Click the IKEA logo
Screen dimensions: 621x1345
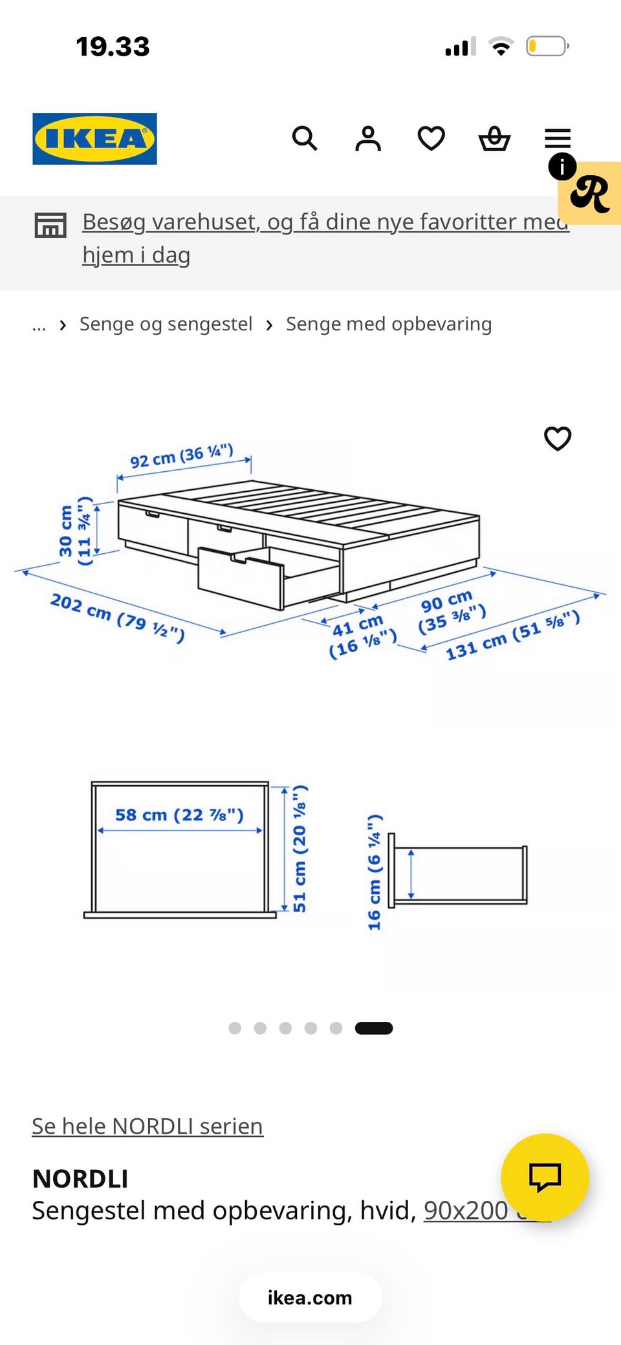(94, 139)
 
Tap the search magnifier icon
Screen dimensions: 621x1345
(305, 138)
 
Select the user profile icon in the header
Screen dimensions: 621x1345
(368, 138)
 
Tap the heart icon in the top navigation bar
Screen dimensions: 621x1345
(431, 138)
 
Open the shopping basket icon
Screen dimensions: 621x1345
(494, 138)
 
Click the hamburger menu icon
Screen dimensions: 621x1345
(558, 138)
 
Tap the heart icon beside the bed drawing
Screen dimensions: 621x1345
(558, 439)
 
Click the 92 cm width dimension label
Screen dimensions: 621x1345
(182, 456)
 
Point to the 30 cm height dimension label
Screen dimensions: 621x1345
(75, 531)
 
